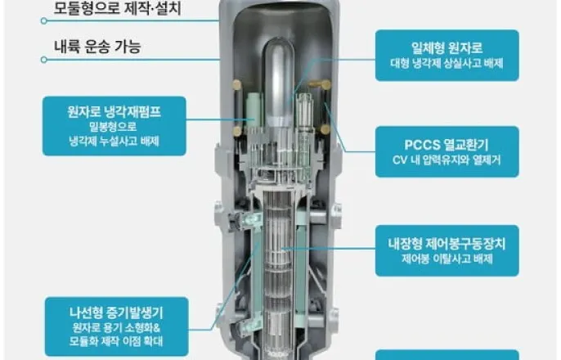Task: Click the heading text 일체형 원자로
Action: point(447,48)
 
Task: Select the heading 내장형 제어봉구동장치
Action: point(447,242)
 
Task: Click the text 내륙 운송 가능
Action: point(97,47)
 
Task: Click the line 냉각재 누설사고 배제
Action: point(114,141)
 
